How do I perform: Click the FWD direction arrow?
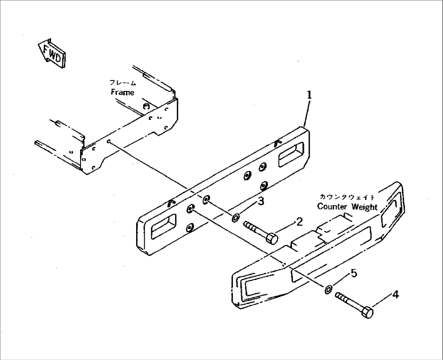(x=52, y=54)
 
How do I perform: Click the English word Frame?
(x=122, y=92)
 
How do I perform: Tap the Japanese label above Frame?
(x=123, y=83)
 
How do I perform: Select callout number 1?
(x=309, y=95)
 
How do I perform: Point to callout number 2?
(x=299, y=221)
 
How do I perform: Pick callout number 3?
(x=261, y=201)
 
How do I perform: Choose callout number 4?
(x=395, y=295)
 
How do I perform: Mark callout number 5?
(x=354, y=273)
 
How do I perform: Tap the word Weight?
(x=365, y=207)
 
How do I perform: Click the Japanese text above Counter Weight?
(x=347, y=197)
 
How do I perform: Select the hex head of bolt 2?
(x=272, y=239)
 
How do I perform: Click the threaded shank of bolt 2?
(x=255, y=228)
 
